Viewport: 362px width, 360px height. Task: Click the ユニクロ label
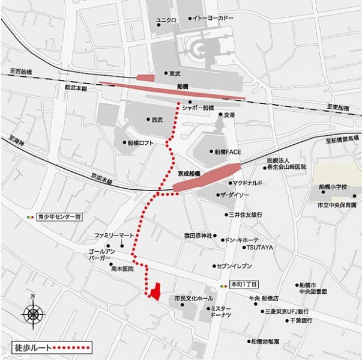click(166, 20)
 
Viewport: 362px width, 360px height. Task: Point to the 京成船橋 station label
click(189, 173)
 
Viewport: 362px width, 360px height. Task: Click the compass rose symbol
click(33, 312)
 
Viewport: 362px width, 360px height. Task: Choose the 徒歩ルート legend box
click(52, 347)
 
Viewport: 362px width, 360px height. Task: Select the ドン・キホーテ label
click(243, 239)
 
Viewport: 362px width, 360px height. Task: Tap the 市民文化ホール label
click(193, 298)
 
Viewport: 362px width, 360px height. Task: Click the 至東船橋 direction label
click(338, 107)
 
